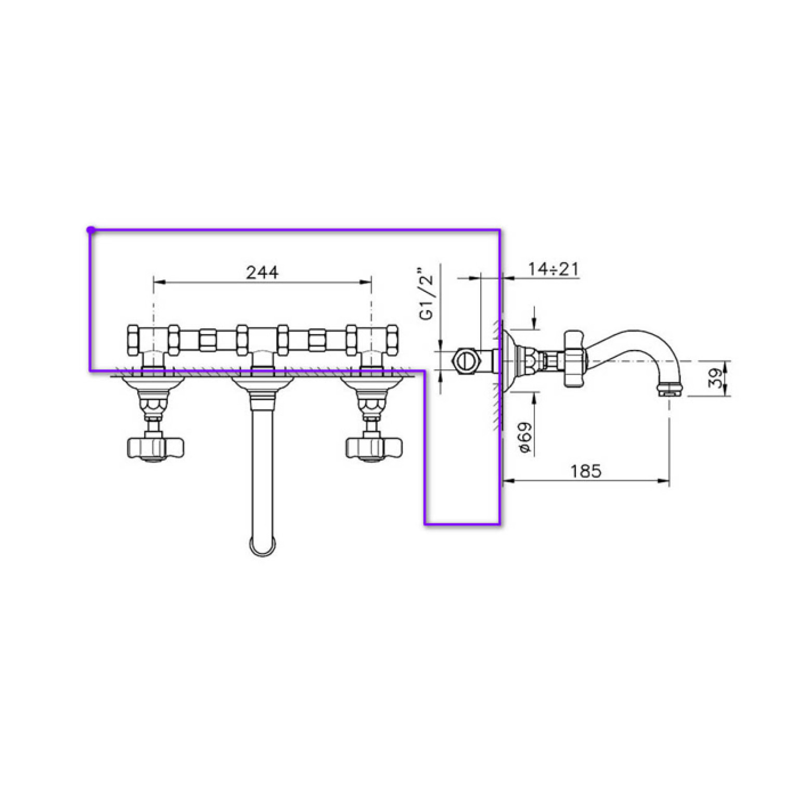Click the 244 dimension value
(x=262, y=272)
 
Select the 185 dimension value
(x=586, y=471)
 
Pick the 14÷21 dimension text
(x=553, y=269)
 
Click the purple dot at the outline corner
(x=91, y=229)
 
